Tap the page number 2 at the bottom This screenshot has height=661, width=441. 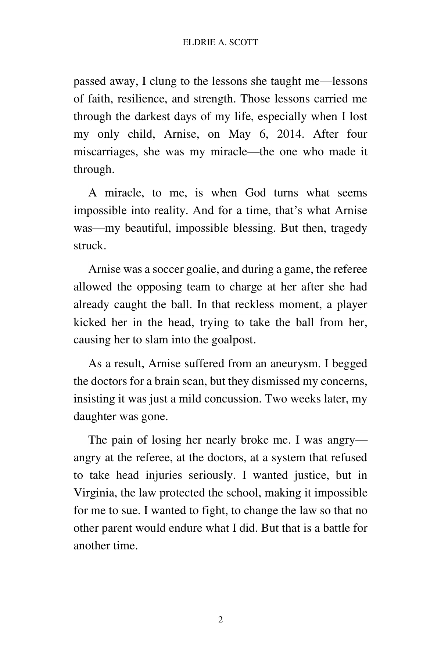[220, 620]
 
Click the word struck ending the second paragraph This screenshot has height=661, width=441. [89, 246]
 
